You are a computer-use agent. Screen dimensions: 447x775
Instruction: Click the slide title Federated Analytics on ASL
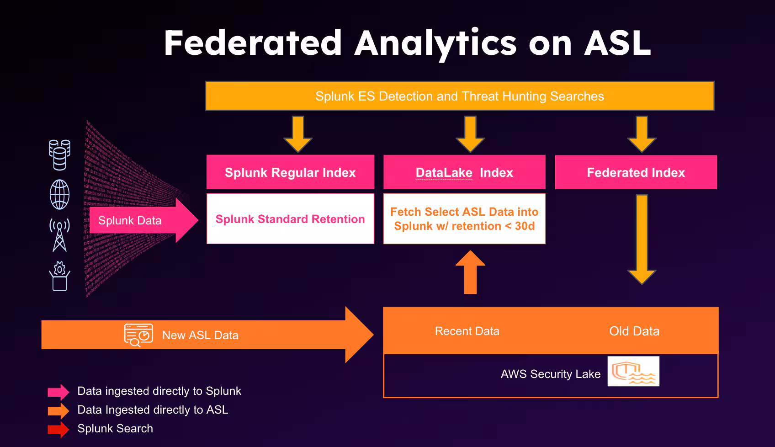point(407,43)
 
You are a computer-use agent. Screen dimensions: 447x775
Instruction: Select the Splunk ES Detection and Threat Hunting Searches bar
point(459,96)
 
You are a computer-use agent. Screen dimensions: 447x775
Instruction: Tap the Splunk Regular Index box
point(290,172)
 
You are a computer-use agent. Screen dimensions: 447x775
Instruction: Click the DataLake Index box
point(464,172)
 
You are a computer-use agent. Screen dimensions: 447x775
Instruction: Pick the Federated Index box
point(636,172)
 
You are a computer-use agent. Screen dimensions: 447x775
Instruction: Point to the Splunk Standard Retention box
point(290,219)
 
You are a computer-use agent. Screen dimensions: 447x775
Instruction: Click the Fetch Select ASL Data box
point(464,219)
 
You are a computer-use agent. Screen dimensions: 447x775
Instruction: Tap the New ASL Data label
point(200,335)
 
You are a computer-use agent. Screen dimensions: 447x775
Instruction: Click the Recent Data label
point(467,331)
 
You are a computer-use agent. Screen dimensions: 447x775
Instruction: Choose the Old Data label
point(634,331)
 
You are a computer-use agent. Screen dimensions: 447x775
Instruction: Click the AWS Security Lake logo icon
point(633,371)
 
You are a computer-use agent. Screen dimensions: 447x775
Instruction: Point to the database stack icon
point(60,154)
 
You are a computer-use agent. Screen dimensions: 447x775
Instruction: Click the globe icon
point(60,195)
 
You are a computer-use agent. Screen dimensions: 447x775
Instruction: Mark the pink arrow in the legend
point(58,392)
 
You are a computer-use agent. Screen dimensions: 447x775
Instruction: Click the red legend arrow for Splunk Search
point(58,429)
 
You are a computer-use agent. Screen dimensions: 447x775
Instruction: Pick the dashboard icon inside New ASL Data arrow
point(138,335)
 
